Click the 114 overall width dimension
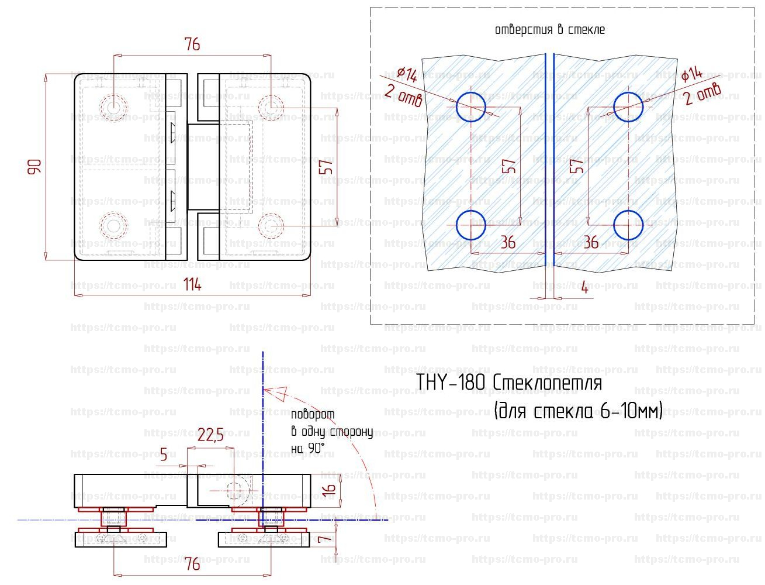point(192,285)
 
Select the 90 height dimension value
point(36,167)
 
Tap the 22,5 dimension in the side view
point(210,436)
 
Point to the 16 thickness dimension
point(328,487)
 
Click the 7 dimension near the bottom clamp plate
point(328,536)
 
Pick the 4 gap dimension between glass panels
point(584,288)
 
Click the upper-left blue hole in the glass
point(470,106)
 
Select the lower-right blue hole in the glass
point(628,225)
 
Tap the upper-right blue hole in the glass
point(628,106)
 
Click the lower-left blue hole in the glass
point(470,225)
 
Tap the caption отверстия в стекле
point(549,30)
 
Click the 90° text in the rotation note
point(316,449)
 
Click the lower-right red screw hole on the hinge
point(271,224)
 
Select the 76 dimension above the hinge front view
point(192,44)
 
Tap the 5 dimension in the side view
point(163,454)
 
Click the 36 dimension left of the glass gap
point(508,242)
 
